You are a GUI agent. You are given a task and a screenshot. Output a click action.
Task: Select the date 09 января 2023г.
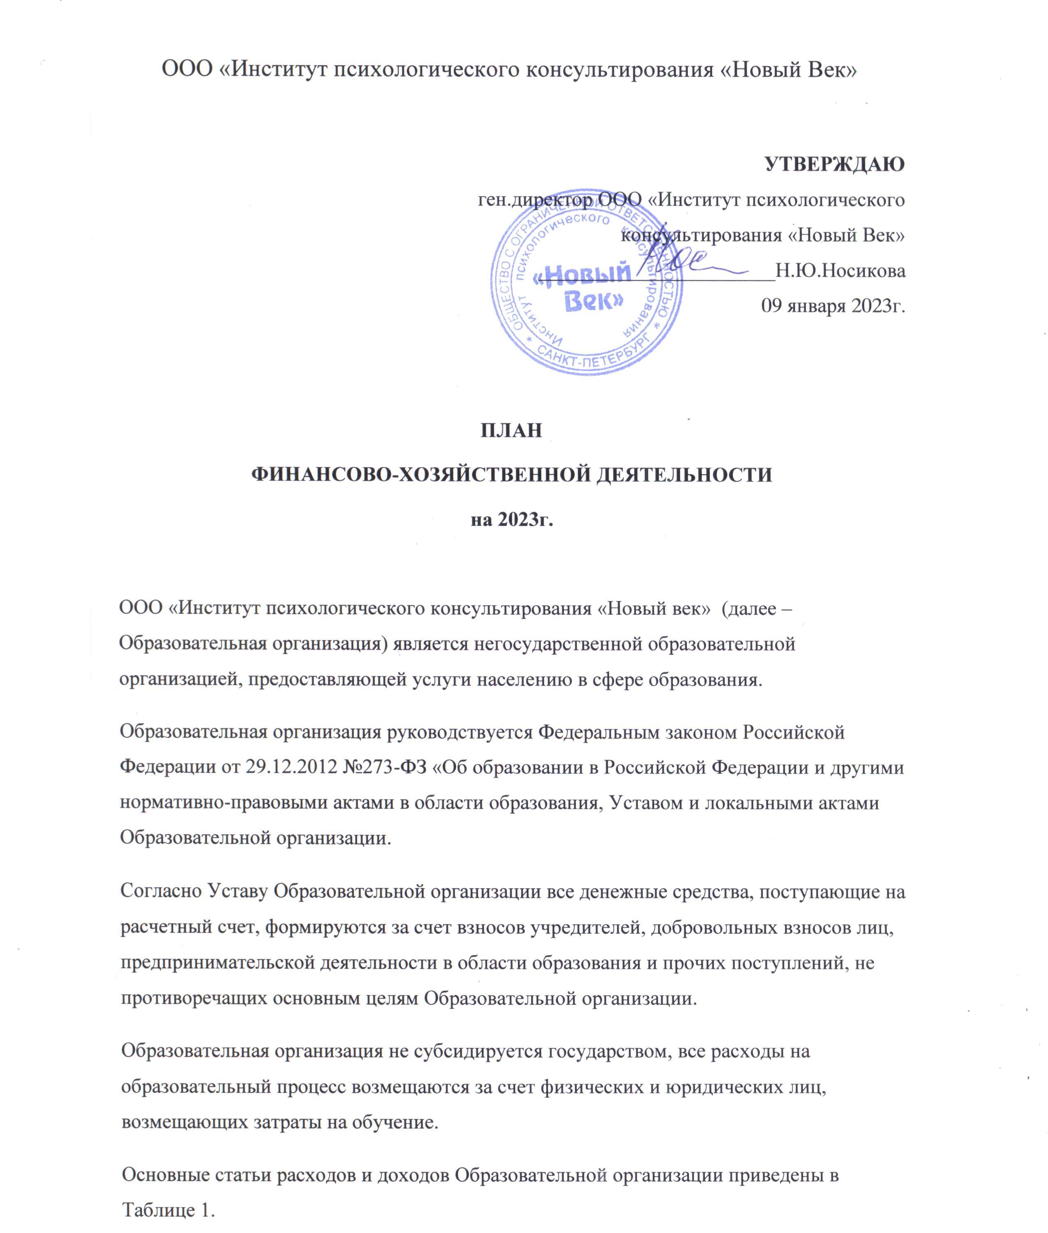pos(833,307)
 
